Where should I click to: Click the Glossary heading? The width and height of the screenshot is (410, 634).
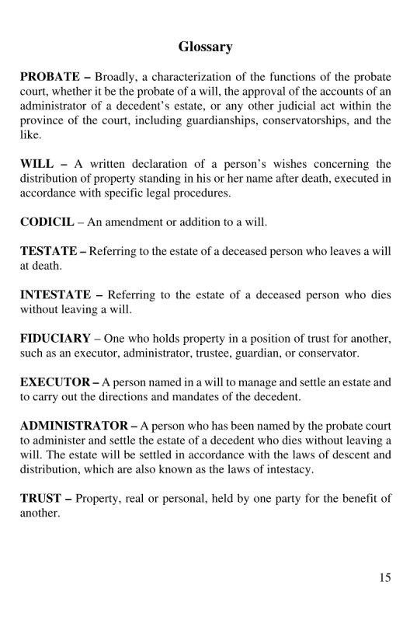(x=205, y=47)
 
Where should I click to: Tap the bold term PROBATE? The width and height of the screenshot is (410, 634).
(x=50, y=78)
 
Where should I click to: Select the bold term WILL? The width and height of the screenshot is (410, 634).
(x=36, y=164)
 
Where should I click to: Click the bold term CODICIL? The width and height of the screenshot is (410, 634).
(x=47, y=221)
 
